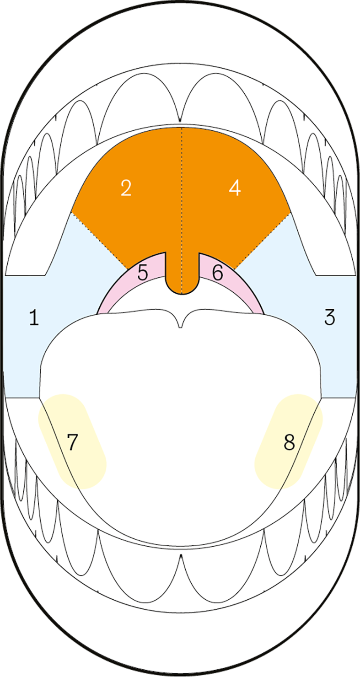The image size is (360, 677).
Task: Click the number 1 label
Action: pyautogui.click(x=34, y=317)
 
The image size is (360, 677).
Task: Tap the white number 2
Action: pyautogui.click(x=126, y=188)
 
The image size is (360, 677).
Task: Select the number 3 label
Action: pyautogui.click(x=329, y=317)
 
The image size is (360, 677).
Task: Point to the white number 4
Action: pyautogui.click(x=235, y=188)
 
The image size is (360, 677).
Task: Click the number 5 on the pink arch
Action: pyautogui.click(x=143, y=272)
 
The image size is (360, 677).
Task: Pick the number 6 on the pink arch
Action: pyautogui.click(x=218, y=272)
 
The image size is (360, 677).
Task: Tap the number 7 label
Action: pyautogui.click(x=73, y=442)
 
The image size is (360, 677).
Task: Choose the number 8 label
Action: pyautogui.click(x=289, y=442)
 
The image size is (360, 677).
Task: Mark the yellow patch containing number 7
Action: pyautogui.click(x=73, y=441)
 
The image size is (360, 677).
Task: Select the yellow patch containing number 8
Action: pyautogui.click(x=289, y=441)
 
